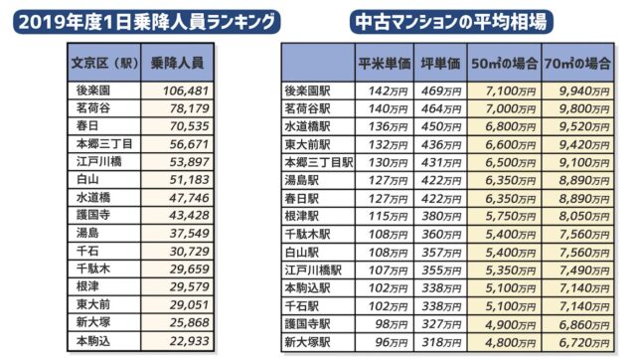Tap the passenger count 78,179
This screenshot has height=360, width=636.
click(x=181, y=108)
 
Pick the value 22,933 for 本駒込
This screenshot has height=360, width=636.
click(x=181, y=340)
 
